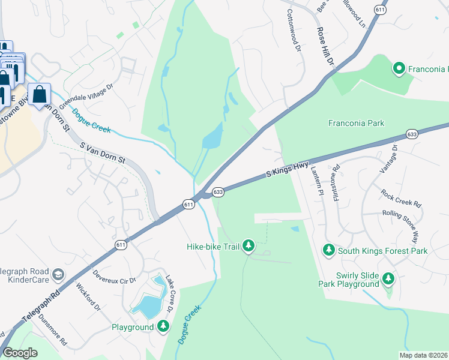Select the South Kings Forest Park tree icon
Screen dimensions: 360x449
click(328, 250)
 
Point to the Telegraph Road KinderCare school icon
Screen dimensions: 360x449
click(58, 275)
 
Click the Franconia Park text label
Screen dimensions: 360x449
click(356, 123)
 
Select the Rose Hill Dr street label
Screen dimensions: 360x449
click(324, 47)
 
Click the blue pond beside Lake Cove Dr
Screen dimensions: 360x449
click(146, 306)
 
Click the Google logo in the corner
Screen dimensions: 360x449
click(20, 353)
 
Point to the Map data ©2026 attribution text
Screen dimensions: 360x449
click(423, 355)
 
